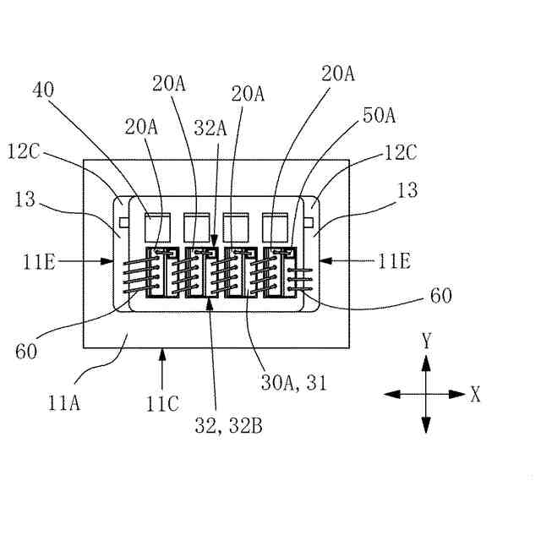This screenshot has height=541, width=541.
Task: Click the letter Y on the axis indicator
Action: click(x=427, y=341)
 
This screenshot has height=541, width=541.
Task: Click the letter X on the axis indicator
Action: click(x=475, y=394)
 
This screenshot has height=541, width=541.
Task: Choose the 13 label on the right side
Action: click(x=407, y=192)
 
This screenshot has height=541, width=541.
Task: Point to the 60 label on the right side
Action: click(x=440, y=296)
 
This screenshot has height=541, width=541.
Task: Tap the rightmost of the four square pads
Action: click(x=276, y=227)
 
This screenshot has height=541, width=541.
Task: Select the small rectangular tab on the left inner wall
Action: click(x=124, y=222)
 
